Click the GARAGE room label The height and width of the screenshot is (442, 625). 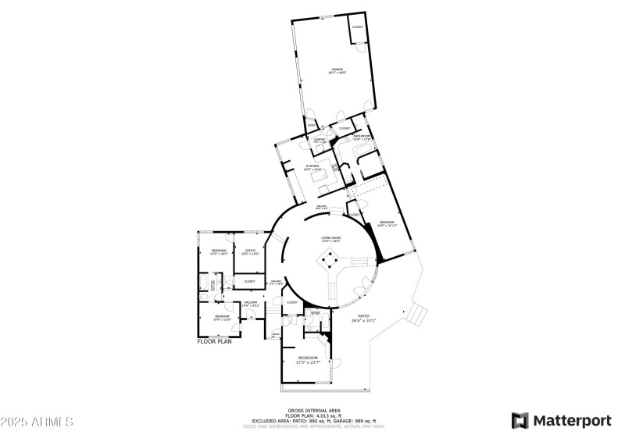337,70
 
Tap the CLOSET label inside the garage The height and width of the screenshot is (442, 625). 357,27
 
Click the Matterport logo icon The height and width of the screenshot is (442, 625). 520,420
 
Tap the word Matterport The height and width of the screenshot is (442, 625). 572,420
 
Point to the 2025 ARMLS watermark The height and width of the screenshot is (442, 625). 37,422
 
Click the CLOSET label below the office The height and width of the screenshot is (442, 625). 249,281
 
